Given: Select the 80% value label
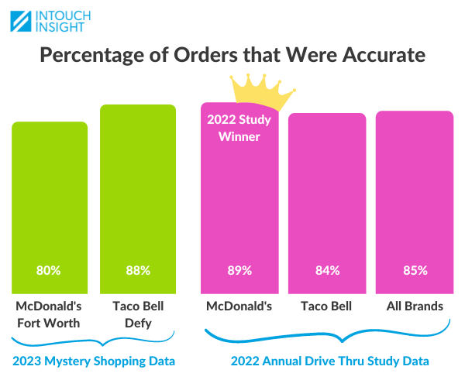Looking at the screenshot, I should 49,271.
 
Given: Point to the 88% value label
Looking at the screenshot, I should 138,271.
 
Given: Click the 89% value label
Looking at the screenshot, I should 239,271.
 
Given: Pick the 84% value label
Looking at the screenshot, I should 327,271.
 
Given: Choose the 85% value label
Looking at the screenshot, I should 415,271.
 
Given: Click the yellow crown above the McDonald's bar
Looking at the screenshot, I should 263,92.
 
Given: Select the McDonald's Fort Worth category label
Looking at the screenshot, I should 49,313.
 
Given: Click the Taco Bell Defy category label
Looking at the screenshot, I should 138,313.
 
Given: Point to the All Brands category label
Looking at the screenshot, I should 415,306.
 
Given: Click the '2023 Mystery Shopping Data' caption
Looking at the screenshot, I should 94,361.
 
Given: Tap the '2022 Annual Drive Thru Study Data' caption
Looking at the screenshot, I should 329,361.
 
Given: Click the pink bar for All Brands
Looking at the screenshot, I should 415,186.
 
